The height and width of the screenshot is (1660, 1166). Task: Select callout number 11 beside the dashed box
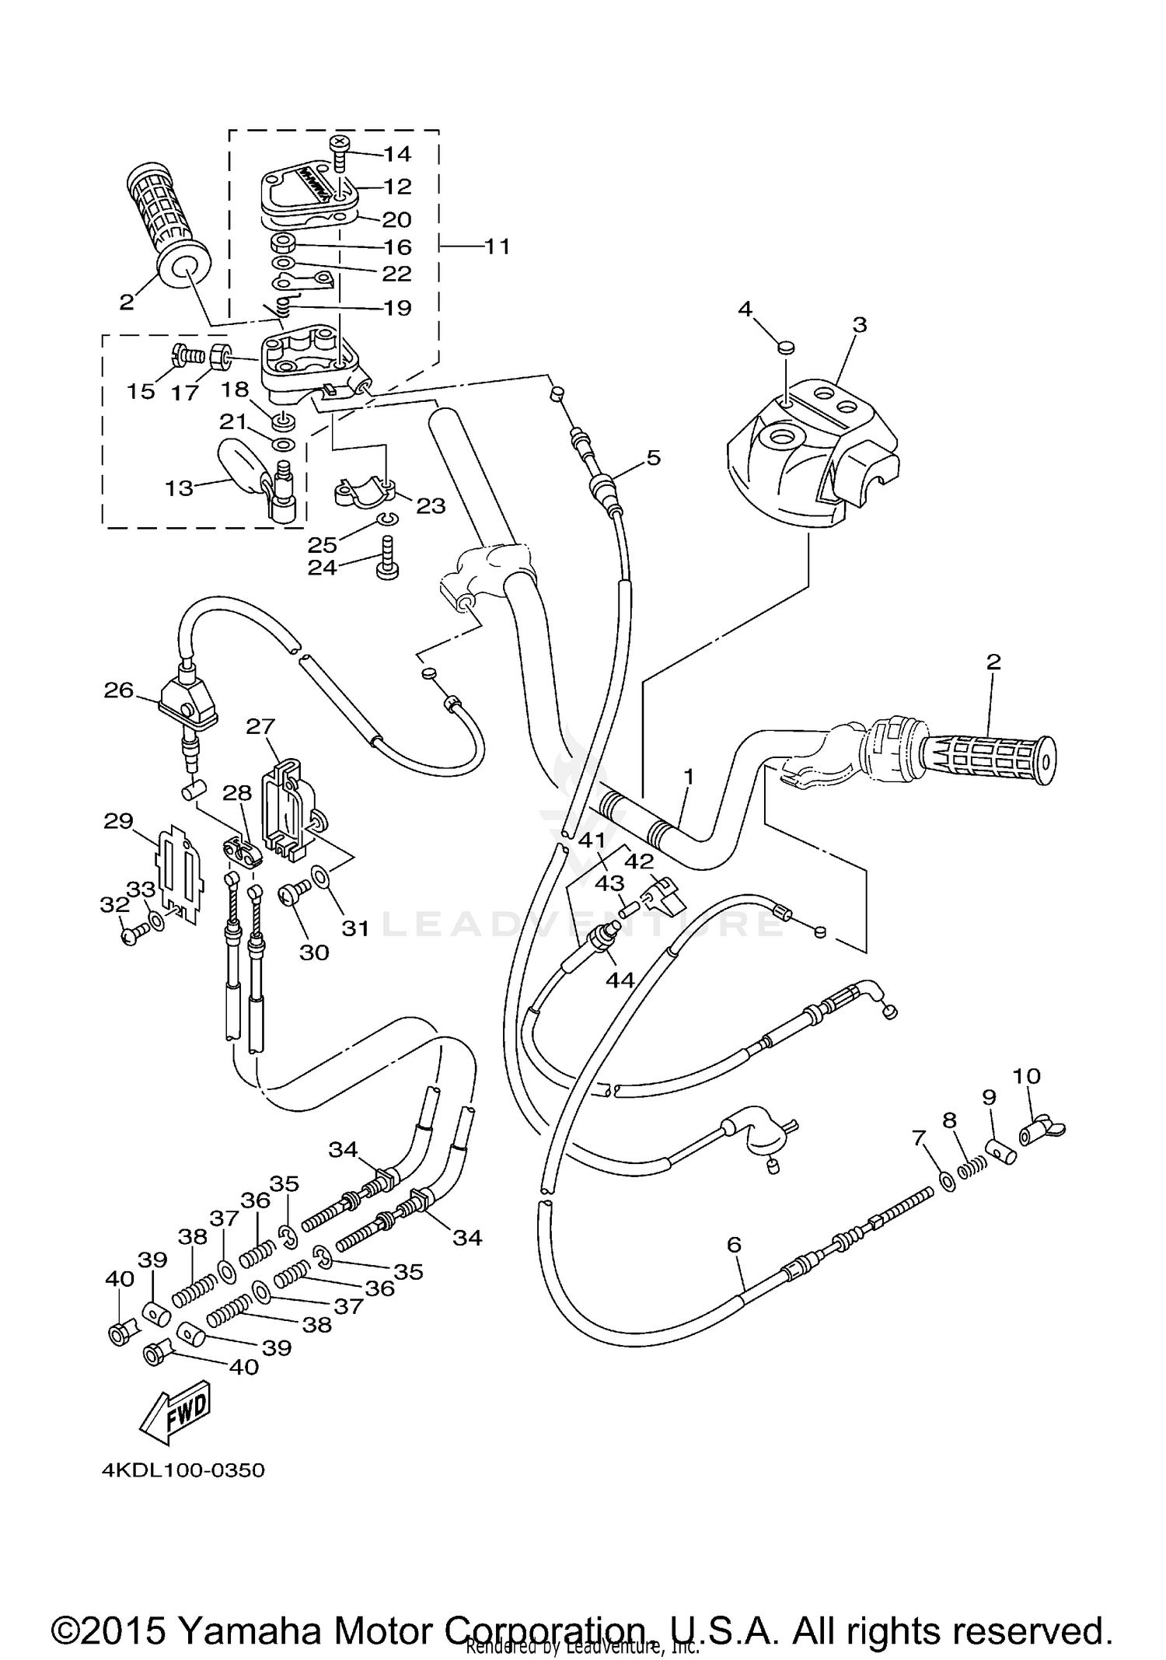pyautogui.click(x=497, y=246)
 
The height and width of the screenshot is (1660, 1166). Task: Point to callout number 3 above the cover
pyautogui.click(x=859, y=324)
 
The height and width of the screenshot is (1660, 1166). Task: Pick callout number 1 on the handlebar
pyautogui.click(x=688, y=775)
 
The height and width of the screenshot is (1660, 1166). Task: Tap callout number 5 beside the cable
pyautogui.click(x=653, y=457)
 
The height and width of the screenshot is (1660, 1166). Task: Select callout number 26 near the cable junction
pyautogui.click(x=119, y=690)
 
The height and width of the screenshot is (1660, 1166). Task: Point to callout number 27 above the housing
pyautogui.click(x=260, y=726)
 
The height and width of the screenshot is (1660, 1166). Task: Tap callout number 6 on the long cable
pyautogui.click(x=734, y=1245)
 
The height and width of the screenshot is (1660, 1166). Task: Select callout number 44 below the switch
pyautogui.click(x=620, y=980)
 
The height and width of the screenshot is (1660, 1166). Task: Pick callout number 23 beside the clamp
pyautogui.click(x=431, y=505)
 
